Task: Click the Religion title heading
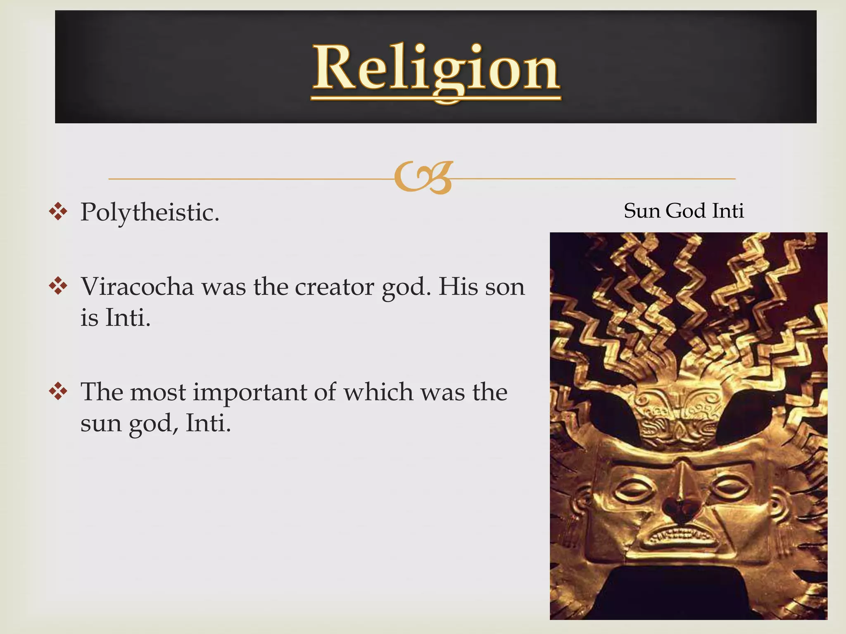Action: [435, 68]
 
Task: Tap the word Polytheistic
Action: [149, 212]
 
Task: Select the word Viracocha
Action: [137, 286]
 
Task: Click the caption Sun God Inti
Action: [684, 211]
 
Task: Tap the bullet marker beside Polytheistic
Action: [58, 212]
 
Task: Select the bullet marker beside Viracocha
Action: [58, 286]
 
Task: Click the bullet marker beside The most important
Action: [58, 391]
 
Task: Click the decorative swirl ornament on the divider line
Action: [423, 178]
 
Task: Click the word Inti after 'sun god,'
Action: [208, 423]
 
